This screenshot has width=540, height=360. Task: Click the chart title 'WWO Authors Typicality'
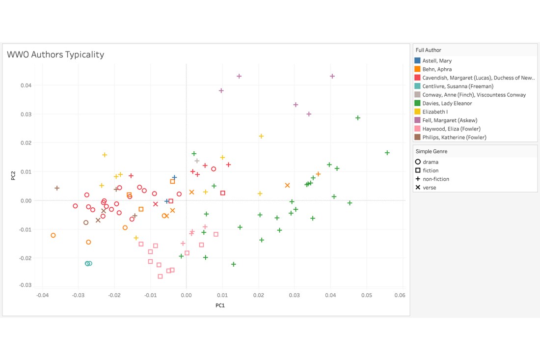pyautogui.click(x=55, y=55)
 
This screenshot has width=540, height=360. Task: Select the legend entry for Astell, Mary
pyautogui.click(x=437, y=60)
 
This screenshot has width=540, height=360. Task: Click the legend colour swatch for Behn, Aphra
pyautogui.click(x=418, y=69)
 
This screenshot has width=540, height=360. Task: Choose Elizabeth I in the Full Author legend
pyautogui.click(x=435, y=111)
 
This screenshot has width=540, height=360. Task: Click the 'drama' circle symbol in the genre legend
pyautogui.click(x=418, y=162)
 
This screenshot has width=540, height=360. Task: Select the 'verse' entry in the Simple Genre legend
pyautogui.click(x=429, y=187)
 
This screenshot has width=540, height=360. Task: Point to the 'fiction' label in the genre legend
pyautogui.click(x=431, y=170)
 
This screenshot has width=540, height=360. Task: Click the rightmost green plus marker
pyautogui.click(x=387, y=153)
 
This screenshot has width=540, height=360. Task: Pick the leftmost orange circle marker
pyautogui.click(x=53, y=235)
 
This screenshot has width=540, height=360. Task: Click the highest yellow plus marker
pyautogui.click(x=261, y=136)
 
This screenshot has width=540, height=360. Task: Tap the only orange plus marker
pyautogui.click(x=318, y=174)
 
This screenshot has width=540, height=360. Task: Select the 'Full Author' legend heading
pyautogui.click(x=428, y=50)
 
